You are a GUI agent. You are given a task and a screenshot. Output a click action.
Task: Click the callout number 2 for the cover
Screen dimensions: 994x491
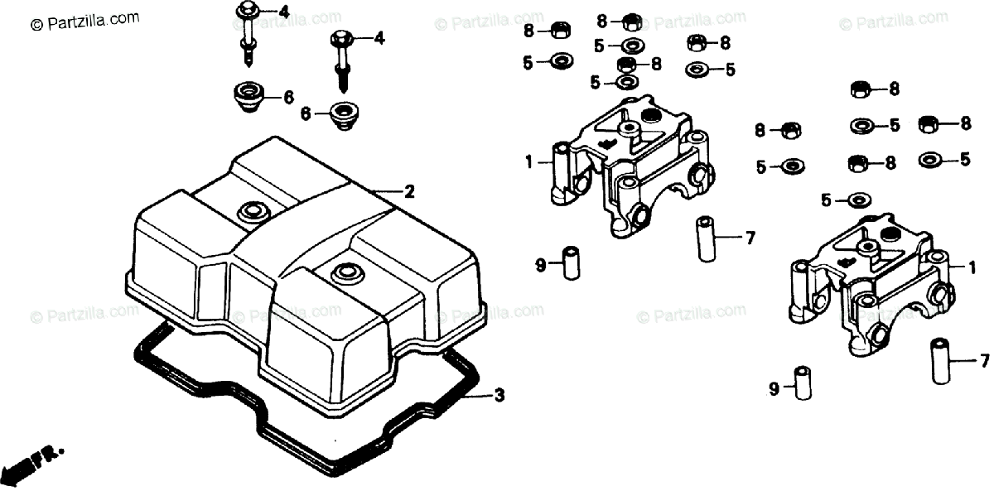tap(409, 192)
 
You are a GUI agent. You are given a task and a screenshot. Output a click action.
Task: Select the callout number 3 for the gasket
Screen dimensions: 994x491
tap(499, 395)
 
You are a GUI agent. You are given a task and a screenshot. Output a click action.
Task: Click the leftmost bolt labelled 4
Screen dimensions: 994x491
tap(248, 33)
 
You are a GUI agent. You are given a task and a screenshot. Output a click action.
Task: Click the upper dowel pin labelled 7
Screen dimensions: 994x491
tap(707, 237)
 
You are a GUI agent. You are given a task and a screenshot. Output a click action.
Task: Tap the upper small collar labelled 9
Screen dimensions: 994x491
tap(570, 262)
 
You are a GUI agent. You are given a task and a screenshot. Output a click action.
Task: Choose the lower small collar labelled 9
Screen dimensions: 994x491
tap(803, 382)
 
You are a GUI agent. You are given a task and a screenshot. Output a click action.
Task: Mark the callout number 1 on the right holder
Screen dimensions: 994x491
tap(972, 267)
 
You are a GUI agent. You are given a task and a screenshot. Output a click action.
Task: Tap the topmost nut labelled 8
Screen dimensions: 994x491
tap(630, 21)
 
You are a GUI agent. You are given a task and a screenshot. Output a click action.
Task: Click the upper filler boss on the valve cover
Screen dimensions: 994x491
tap(249, 213)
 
